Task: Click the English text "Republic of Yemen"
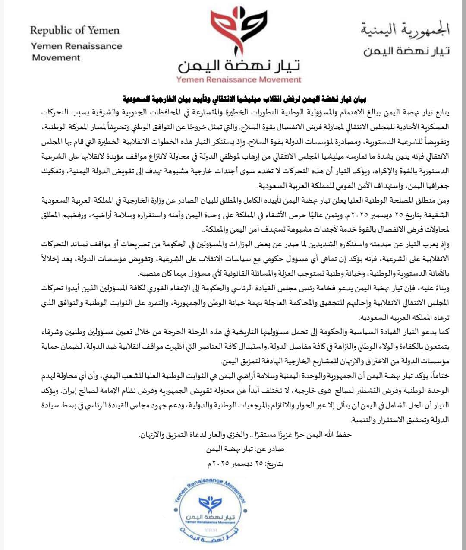click(x=75, y=30)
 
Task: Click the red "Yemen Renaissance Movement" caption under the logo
click(x=239, y=79)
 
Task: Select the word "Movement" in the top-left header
click(x=56, y=57)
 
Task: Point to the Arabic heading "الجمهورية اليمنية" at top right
click(x=405, y=30)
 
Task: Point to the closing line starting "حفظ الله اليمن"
click(x=245, y=434)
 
